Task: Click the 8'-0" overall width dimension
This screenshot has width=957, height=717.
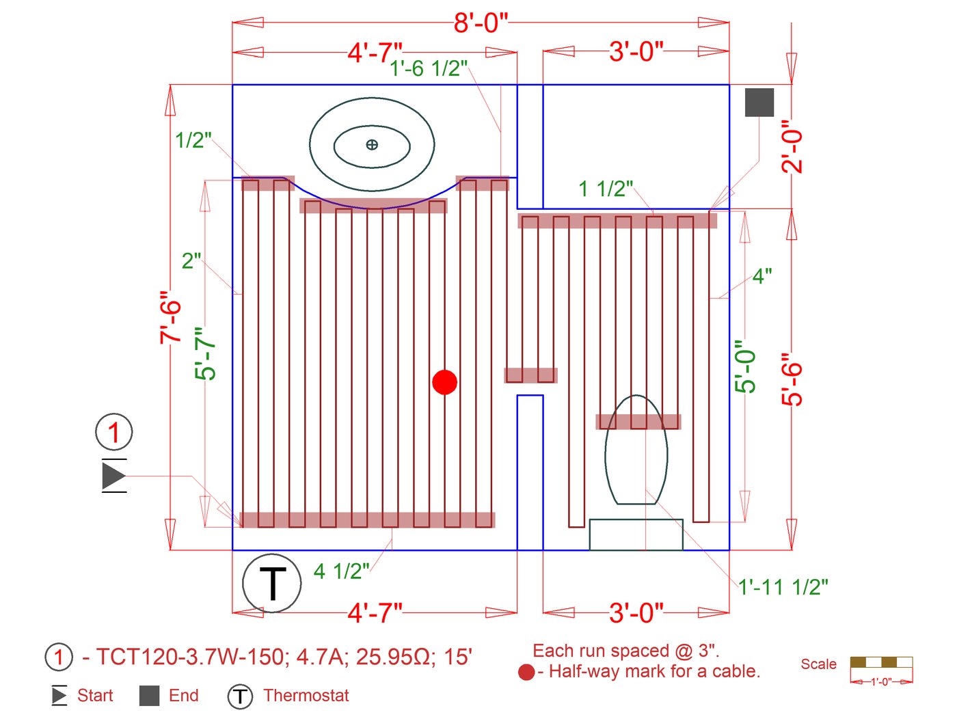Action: (481, 23)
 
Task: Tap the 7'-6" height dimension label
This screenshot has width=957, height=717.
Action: (170, 318)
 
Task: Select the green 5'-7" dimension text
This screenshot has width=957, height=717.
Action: (205, 354)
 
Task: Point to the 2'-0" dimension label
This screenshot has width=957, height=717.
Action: (792, 147)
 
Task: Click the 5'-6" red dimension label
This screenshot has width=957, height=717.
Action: (792, 379)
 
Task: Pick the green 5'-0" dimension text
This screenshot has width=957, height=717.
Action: (744, 366)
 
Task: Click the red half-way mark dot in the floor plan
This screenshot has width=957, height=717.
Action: (444, 382)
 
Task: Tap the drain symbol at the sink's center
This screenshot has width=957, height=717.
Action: (371, 144)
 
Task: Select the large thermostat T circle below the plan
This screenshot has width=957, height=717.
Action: (271, 583)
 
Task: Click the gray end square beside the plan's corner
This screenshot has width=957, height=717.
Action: (759, 103)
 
